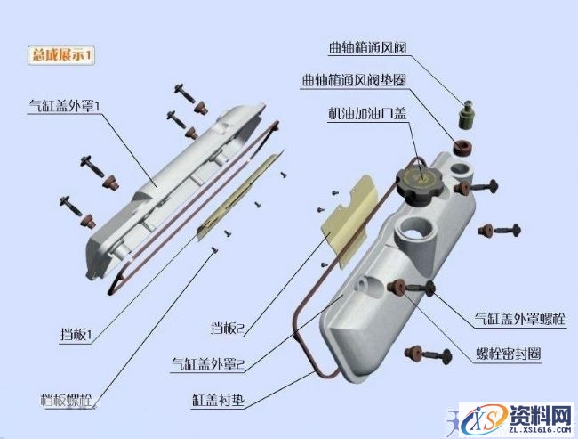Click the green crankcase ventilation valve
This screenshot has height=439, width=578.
pyautogui.click(x=466, y=114)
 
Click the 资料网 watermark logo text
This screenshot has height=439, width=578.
pyautogui.click(x=539, y=415)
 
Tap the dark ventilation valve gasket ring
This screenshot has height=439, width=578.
pyautogui.click(x=462, y=146)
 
